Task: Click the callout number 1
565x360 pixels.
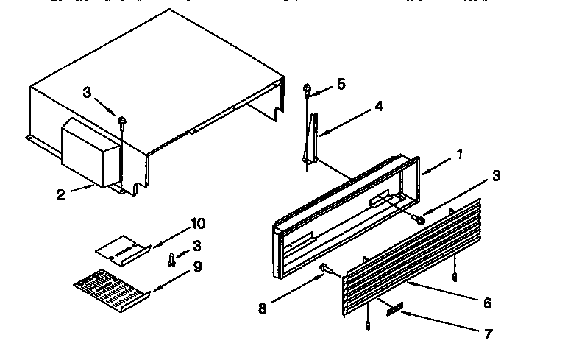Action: (459, 155)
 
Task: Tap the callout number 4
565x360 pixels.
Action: (378, 106)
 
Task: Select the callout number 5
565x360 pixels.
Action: (340, 84)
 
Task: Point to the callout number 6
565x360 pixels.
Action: (488, 303)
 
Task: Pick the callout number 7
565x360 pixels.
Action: (487, 334)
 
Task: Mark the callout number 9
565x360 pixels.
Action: (197, 267)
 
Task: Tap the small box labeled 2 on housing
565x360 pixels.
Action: (89, 152)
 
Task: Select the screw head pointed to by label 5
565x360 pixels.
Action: (307, 89)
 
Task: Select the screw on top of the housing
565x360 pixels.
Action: (123, 120)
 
